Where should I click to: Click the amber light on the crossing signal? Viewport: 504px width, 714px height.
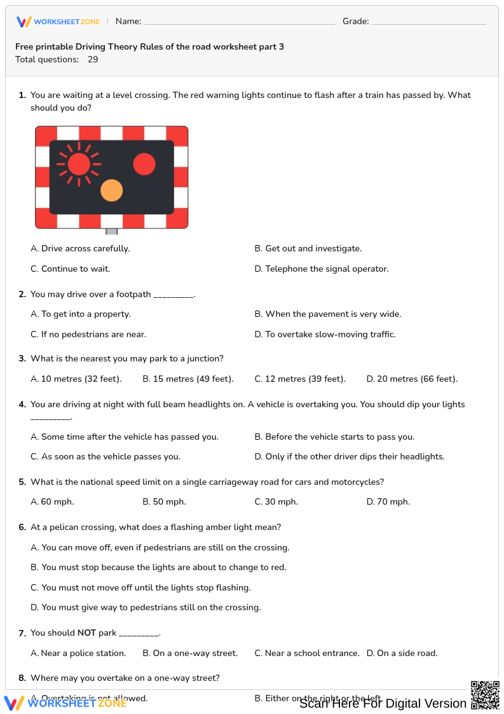point(111,190)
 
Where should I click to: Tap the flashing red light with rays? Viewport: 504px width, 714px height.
point(79,164)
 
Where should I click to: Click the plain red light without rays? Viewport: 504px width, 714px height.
point(144,164)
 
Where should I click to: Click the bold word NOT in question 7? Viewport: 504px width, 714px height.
point(86,633)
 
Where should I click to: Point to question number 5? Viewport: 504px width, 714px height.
point(22,482)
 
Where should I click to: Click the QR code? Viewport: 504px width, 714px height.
point(484,694)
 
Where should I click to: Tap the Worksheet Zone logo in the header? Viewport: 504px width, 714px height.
point(58,22)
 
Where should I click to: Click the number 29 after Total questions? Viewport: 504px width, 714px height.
point(93,60)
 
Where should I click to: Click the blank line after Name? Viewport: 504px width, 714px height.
point(240,22)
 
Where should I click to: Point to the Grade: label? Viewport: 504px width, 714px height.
point(355,22)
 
